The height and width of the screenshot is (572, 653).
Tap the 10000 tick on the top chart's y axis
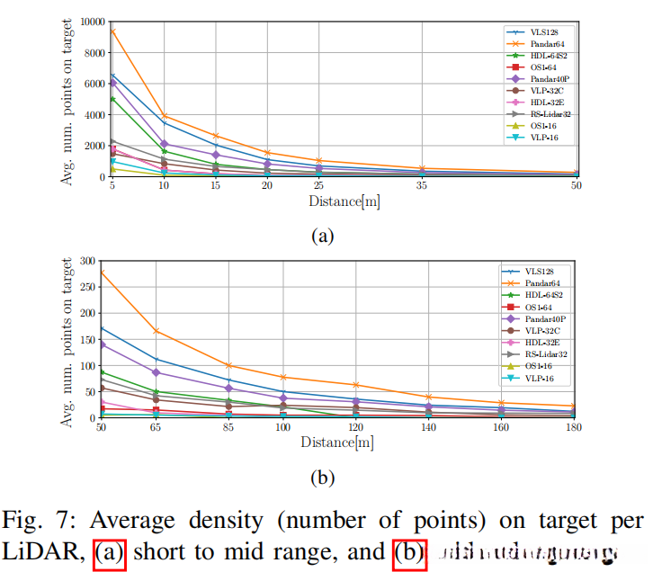coord(88,22)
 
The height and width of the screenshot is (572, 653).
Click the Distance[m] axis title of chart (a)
coord(344,201)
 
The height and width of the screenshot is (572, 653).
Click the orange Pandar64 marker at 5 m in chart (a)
coord(112,31)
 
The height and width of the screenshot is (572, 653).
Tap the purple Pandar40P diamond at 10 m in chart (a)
coord(164,144)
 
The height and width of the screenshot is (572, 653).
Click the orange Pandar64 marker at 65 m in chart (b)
coord(157,331)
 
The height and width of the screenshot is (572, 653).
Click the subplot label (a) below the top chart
coord(324,237)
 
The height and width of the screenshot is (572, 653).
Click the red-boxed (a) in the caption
coord(111,554)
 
